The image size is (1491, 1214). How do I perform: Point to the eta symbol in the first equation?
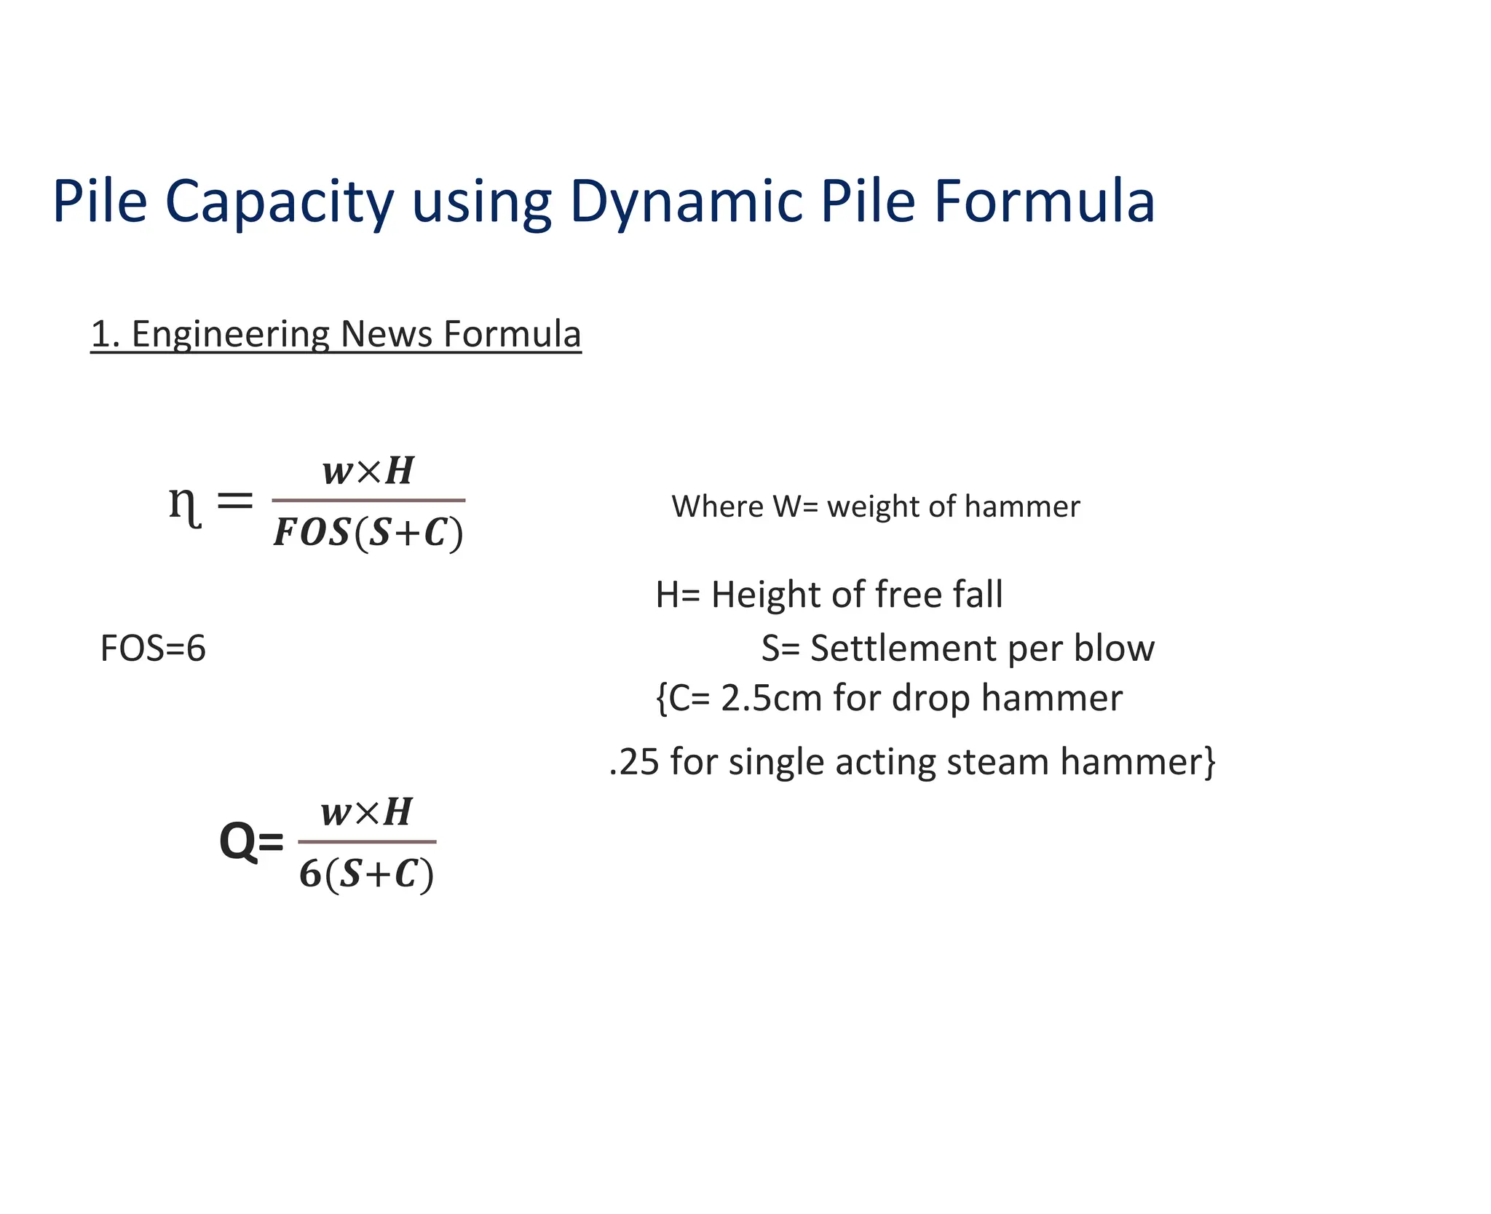(184, 504)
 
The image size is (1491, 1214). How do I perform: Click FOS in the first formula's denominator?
(312, 533)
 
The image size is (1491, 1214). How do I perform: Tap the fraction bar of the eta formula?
(368, 501)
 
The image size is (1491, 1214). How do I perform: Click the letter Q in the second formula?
(239, 842)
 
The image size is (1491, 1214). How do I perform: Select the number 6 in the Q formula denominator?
(310, 873)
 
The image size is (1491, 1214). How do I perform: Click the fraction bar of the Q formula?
(367, 841)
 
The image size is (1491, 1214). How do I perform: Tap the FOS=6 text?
(153, 648)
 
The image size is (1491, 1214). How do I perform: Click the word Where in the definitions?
(717, 506)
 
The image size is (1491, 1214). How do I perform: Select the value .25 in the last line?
(634, 761)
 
